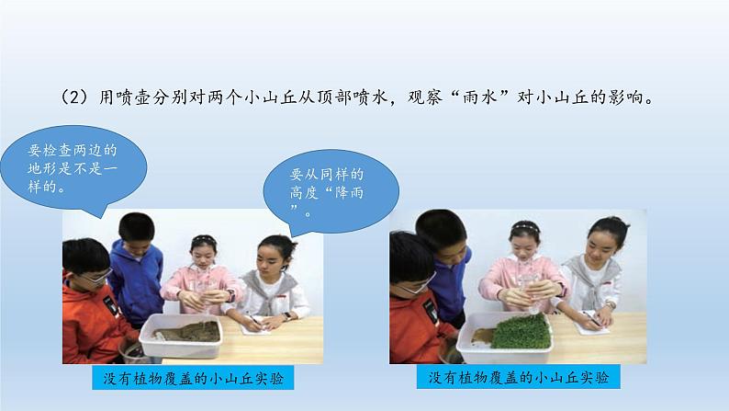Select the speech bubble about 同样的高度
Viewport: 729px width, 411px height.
pos(331,191)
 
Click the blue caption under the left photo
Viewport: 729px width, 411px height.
pos(193,378)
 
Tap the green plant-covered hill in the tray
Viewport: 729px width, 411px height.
pos(522,331)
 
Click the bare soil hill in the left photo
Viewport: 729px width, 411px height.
pos(190,332)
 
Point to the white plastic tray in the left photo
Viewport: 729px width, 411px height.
pos(182,336)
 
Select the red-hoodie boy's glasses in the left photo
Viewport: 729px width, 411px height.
pos(97,277)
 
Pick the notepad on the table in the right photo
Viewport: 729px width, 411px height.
pos(592,323)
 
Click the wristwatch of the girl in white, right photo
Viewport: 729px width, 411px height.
pos(610,305)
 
